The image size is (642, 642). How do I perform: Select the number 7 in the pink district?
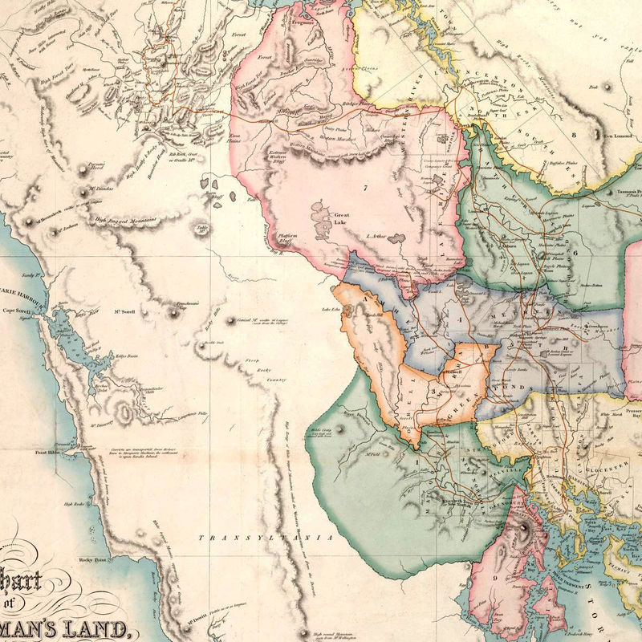364,187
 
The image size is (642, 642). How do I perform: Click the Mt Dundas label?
101,190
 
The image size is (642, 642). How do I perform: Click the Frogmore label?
304,24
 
